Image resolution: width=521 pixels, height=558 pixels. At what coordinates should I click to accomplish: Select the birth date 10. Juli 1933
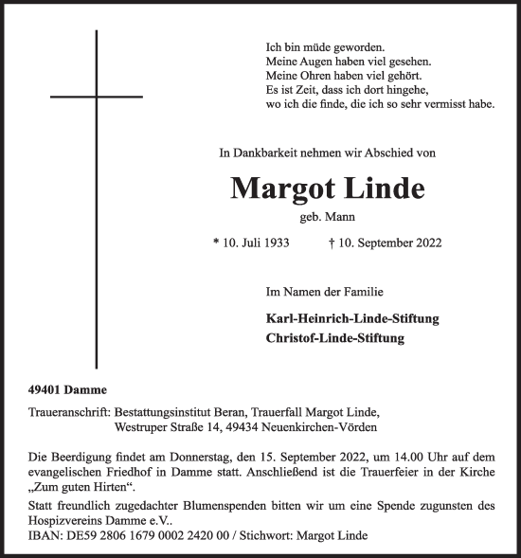point(252,243)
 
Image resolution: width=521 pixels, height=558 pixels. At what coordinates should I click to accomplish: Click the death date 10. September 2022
point(384,243)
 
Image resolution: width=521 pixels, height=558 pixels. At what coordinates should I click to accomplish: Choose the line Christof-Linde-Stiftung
point(336,337)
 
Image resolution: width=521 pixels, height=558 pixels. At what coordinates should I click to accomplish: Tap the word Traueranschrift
point(68,412)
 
